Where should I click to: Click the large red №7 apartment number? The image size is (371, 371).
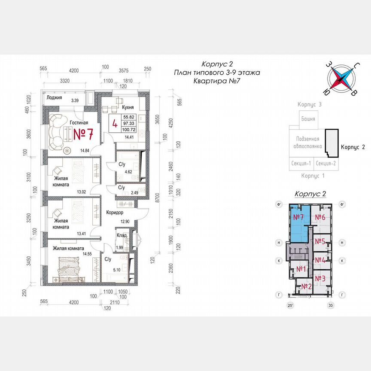coord(84,134)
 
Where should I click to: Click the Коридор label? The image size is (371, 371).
coord(114,213)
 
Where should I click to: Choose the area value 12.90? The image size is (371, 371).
coord(125,221)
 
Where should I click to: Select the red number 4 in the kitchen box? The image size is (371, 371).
coord(115,123)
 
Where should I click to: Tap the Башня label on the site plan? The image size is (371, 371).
coord(308,119)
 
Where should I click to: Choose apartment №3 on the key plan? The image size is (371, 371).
coord(320,279)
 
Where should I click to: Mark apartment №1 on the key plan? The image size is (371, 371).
coord(301,269)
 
